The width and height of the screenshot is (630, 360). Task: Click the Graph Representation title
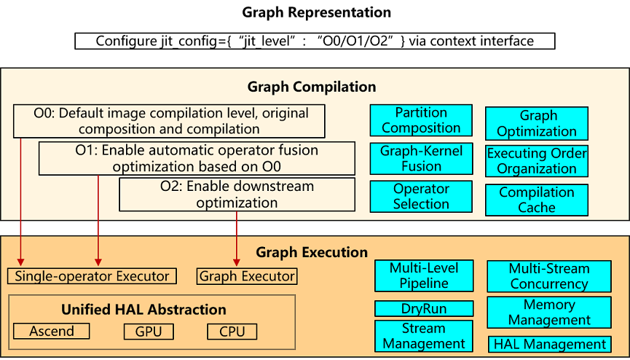pos(315,12)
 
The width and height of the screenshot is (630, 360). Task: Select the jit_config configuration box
pos(315,41)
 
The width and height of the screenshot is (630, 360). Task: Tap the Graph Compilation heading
pos(312,87)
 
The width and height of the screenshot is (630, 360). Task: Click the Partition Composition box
pos(421,120)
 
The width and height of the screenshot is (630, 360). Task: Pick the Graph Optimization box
pos(537,123)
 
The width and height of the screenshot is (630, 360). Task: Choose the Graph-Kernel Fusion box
pos(421,158)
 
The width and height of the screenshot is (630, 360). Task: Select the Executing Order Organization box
pos(537,161)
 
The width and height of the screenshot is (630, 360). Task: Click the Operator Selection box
pos(421,196)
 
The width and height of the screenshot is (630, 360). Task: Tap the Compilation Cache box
pos(537,200)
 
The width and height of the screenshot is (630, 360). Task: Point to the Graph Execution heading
pos(312,253)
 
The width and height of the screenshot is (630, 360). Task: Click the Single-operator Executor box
pos(92,276)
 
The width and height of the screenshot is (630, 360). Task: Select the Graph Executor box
pos(247,276)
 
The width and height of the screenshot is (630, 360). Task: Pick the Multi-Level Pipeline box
pos(424,275)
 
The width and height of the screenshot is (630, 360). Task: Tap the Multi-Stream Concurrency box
pos(548,276)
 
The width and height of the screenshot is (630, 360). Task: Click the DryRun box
pos(424,308)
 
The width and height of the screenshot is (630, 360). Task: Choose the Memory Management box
pos(548,312)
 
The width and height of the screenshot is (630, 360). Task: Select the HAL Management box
pos(548,344)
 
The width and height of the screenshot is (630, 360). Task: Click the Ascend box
pos(51,332)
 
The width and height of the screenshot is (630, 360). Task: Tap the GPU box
pos(149,332)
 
